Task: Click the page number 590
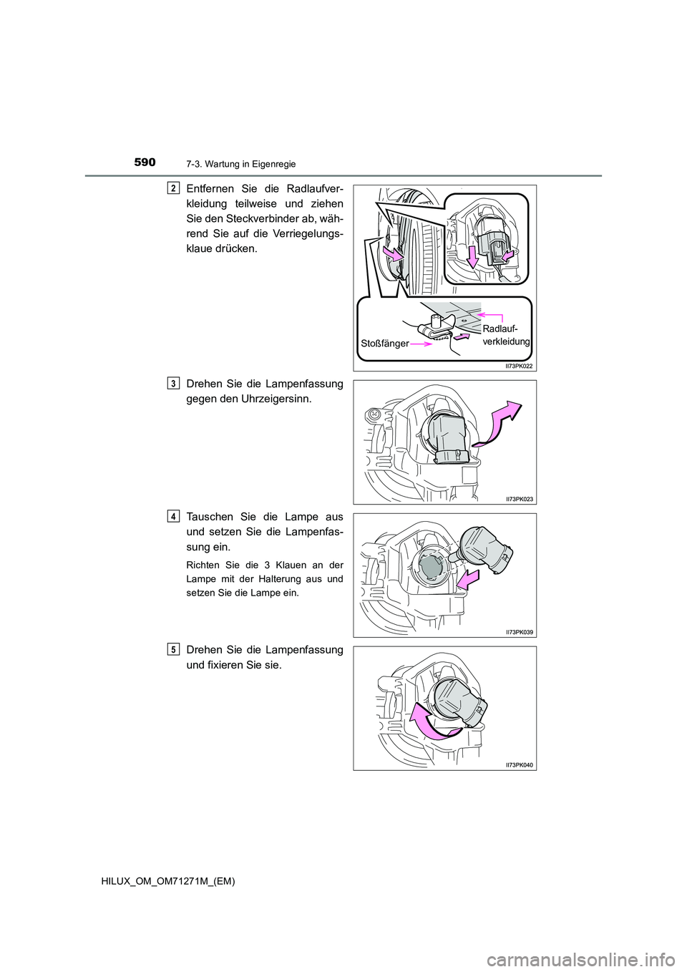(145, 162)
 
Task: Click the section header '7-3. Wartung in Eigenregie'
(240, 164)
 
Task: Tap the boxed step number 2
(174, 188)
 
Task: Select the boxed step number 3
(174, 384)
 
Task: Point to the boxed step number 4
(174, 516)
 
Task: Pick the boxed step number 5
(174, 649)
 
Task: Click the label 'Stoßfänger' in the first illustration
(384, 344)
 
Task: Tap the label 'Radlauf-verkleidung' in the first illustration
(505, 335)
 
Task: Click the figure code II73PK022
(519, 366)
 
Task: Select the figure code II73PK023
(519, 499)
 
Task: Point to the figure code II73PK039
(519, 632)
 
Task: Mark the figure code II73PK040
(519, 765)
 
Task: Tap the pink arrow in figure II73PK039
(467, 580)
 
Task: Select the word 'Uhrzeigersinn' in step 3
(276, 399)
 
